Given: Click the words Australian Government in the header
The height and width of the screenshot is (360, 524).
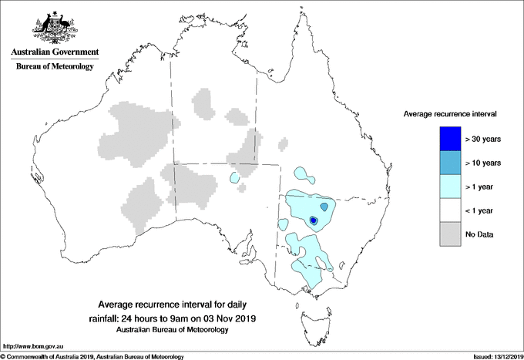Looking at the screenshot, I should pos(55,52).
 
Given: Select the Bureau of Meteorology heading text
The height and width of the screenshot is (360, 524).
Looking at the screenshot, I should pos(55,66).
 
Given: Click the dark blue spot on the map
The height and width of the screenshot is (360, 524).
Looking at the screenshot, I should pos(314,220).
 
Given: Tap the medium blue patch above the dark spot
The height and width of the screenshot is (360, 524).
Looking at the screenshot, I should pos(324,207).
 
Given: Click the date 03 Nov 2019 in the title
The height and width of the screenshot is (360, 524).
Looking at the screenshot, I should pos(228,318).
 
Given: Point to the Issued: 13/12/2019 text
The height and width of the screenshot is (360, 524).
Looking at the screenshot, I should pos(492,356).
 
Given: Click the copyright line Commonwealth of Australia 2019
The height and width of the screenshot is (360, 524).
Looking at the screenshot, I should pos(92,356).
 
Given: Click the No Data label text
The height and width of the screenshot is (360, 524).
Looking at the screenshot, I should pos(479,234).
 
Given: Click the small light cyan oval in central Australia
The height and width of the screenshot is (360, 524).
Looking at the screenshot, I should pos(233,178).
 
